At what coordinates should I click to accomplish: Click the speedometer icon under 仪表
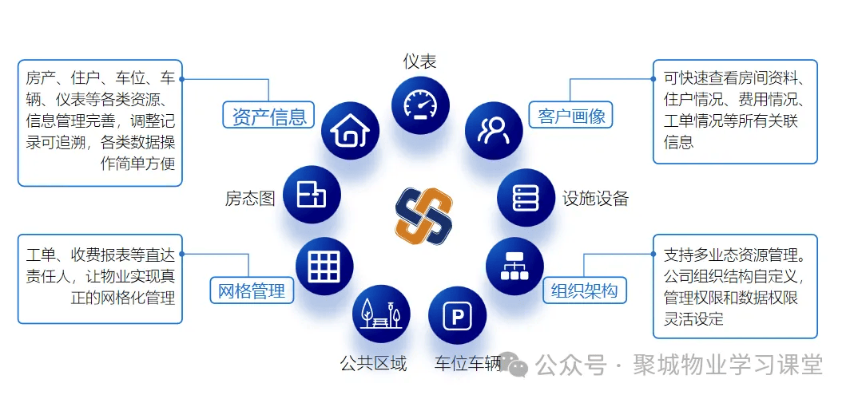[x=420, y=105]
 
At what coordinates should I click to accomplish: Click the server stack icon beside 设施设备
[x=525, y=197]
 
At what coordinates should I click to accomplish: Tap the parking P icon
[x=458, y=316]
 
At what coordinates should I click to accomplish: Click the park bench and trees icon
[x=381, y=314]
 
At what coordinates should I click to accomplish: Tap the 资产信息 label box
[x=268, y=116]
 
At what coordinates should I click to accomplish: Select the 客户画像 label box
[x=571, y=116]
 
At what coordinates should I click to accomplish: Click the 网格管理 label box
[x=252, y=290]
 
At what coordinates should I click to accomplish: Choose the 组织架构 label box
[x=584, y=290]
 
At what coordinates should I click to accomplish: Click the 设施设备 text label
[x=594, y=198]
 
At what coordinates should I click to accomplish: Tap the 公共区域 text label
[x=373, y=364]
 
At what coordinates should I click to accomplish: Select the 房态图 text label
[x=250, y=198]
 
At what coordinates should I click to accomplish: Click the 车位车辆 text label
[x=467, y=364]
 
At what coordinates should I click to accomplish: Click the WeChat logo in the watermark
[x=516, y=365]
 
